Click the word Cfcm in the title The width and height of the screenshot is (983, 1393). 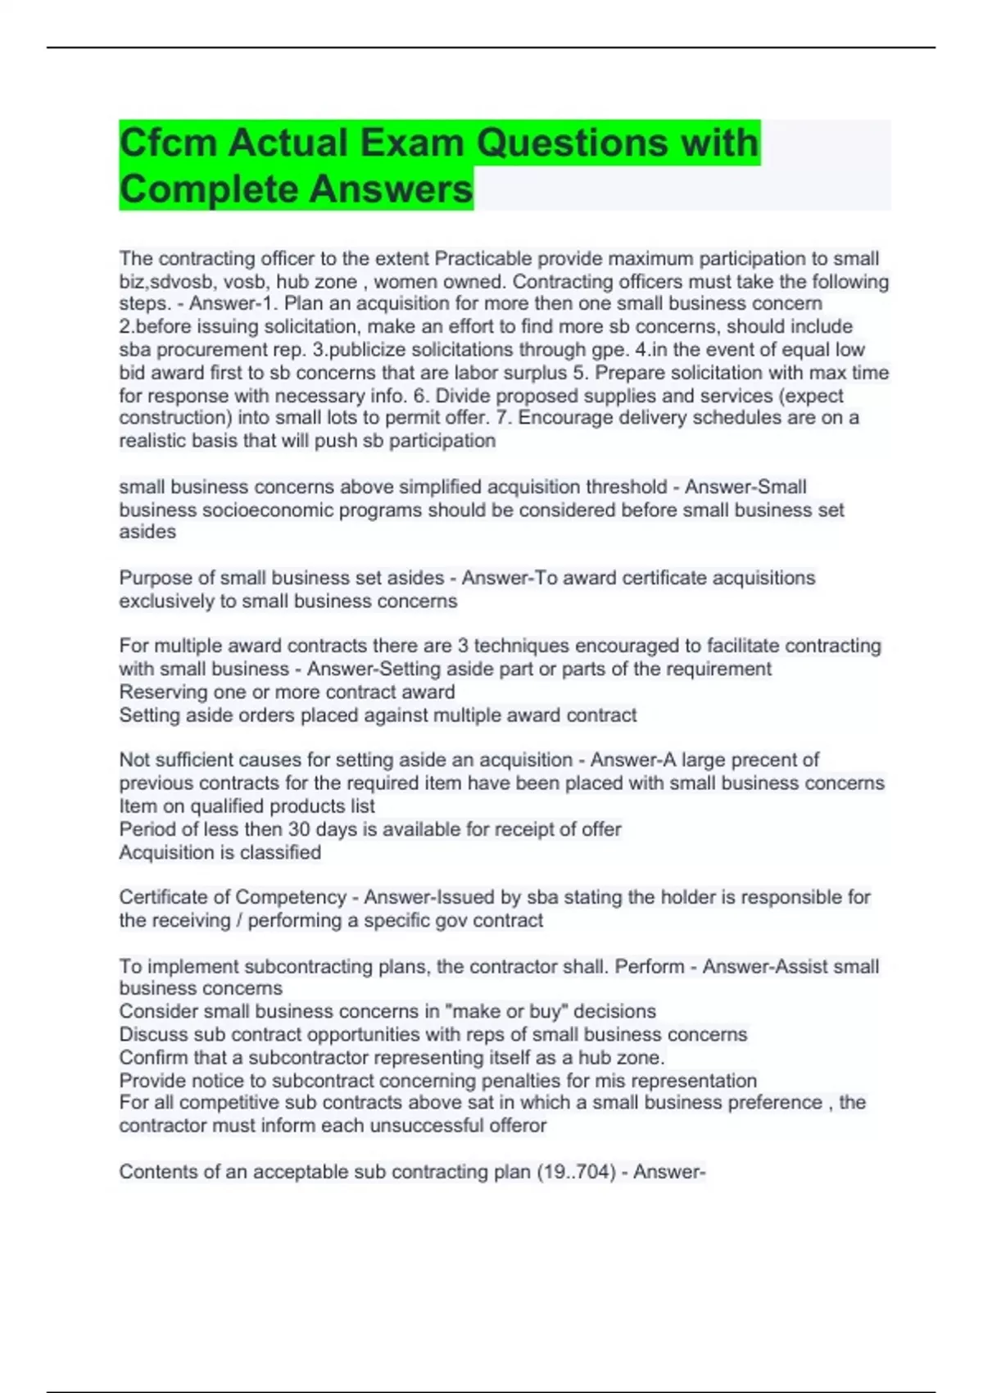coord(168,143)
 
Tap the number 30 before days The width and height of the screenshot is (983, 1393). coord(299,829)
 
